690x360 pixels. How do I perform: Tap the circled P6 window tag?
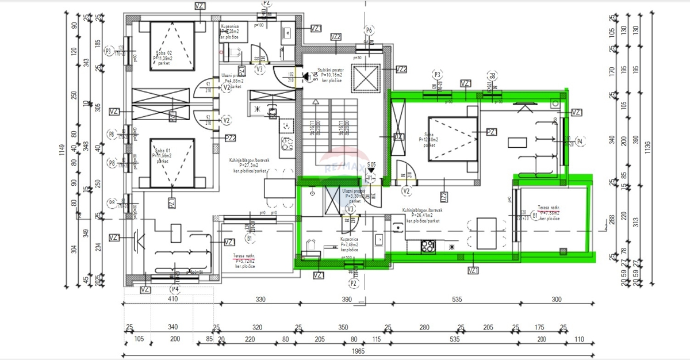coord(369,30)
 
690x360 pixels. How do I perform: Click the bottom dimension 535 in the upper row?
coord(457,299)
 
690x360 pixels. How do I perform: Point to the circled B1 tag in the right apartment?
coord(535,216)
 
